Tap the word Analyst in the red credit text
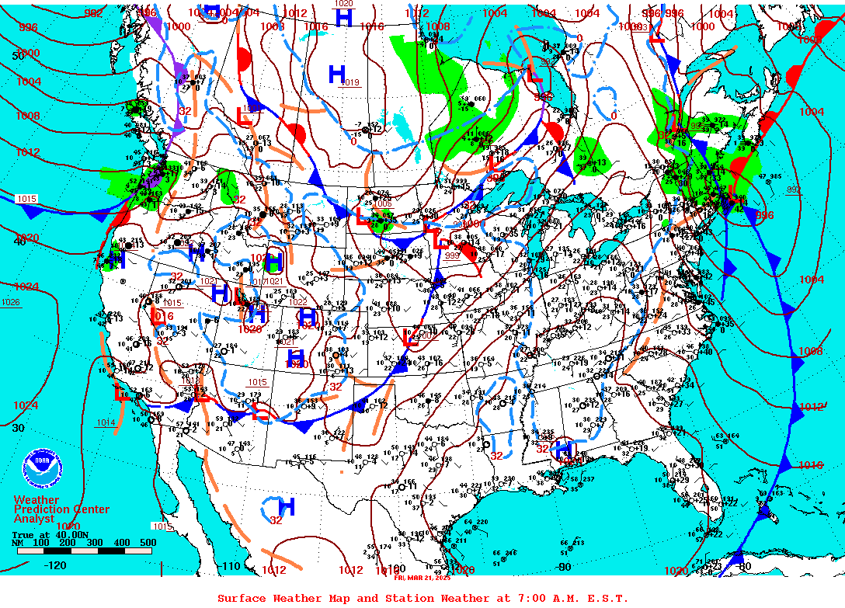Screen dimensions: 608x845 tap(34, 519)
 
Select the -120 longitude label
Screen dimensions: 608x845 tap(54, 565)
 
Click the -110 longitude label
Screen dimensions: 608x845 tap(231, 566)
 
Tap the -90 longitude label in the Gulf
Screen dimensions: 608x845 tap(564, 566)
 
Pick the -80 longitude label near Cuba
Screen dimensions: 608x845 tap(743, 566)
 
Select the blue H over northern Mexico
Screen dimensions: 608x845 tap(287, 507)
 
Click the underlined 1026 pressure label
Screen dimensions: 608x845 tap(11, 302)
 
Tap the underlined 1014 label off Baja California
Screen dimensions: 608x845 tap(106, 422)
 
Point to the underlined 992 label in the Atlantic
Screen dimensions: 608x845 tap(793, 189)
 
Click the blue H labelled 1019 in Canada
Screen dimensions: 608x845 tap(337, 74)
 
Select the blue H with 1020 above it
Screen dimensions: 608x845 tap(343, 16)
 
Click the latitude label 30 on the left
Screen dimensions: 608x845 tap(19, 428)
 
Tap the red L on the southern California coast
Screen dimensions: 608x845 tap(121, 392)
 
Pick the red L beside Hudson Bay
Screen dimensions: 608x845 tap(534, 76)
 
